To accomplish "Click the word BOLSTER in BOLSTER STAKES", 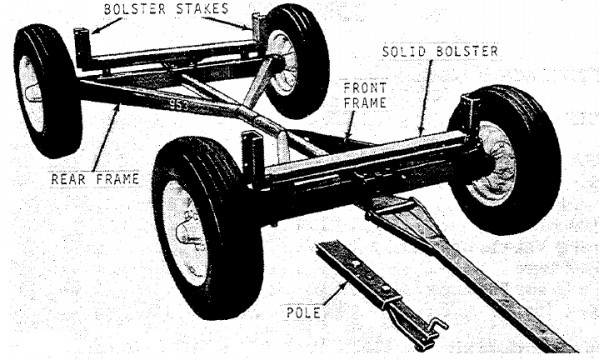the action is pyautogui.click(x=135, y=9).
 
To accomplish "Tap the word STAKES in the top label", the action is pyautogui.click(x=202, y=9).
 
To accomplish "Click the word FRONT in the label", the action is pyautogui.click(x=365, y=88).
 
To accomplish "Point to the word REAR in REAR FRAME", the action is pyautogui.click(x=68, y=179).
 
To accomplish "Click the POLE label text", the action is pyautogui.click(x=304, y=313).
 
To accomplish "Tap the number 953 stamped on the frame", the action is pyautogui.click(x=179, y=105).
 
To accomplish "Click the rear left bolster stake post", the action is pyautogui.click(x=83, y=48).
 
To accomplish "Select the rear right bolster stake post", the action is pyautogui.click(x=258, y=27).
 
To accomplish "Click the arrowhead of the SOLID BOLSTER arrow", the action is pyautogui.click(x=421, y=131).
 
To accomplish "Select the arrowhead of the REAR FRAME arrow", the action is pyautogui.click(x=117, y=107).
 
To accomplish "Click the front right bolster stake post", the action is pyautogui.click(x=469, y=111).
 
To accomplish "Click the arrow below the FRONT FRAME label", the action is pyautogui.click(x=350, y=124).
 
